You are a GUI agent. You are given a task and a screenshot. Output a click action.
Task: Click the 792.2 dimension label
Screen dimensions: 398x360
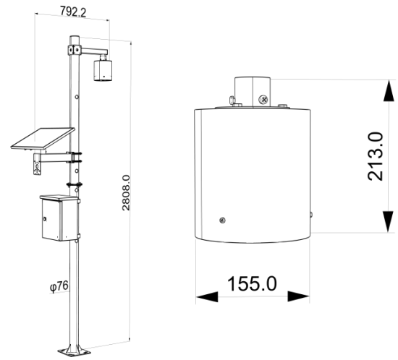coord(73,12)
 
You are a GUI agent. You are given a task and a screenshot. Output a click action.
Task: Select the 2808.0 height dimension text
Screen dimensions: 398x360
coord(126,193)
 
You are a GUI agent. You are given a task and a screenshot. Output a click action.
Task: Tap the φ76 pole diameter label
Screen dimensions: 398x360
coord(59,286)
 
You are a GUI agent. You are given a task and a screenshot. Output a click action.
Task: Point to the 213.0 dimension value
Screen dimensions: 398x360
coord(376,156)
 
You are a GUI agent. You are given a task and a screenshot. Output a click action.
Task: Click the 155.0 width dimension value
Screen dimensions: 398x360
coord(252,283)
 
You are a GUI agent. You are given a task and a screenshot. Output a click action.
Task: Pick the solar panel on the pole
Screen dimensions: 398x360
coord(43,138)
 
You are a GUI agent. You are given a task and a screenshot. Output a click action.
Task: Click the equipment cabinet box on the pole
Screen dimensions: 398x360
coord(59,218)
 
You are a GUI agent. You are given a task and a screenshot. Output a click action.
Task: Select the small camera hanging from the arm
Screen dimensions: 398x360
coord(103,70)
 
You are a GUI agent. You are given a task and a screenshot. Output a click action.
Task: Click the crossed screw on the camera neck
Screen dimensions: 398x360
coord(263,99)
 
